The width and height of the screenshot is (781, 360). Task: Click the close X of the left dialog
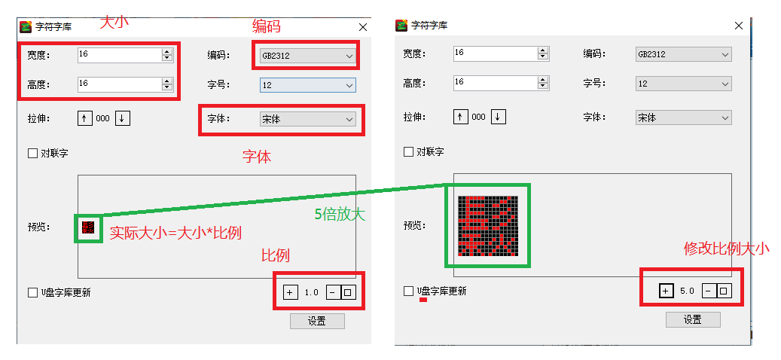coord(363,27)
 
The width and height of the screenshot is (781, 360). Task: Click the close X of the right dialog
coord(740,26)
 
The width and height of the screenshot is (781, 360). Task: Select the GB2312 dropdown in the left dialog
coord(307,56)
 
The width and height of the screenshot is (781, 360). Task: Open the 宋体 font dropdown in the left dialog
coord(307,119)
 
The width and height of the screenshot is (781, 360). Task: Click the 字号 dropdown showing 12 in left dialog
coord(307,85)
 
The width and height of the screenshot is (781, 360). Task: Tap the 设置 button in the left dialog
coord(317,321)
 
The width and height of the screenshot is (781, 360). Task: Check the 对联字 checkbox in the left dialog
coord(33,153)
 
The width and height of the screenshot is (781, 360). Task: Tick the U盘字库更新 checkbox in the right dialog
coord(408,291)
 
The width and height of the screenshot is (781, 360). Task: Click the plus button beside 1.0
coord(290,292)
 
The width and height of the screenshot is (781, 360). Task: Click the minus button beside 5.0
coord(708,291)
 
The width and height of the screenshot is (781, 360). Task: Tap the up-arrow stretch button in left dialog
coord(84,118)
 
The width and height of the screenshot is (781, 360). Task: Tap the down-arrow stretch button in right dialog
coord(499,117)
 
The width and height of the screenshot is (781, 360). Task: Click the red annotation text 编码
coord(267,26)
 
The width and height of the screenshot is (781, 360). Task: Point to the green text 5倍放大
coord(340,214)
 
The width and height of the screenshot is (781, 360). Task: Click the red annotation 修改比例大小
coord(726,249)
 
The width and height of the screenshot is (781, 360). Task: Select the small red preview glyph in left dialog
coord(88,228)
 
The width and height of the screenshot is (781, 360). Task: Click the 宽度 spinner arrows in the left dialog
coord(167,55)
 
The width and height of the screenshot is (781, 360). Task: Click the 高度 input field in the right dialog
coord(496,83)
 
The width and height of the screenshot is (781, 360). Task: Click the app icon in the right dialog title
coord(401,26)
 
